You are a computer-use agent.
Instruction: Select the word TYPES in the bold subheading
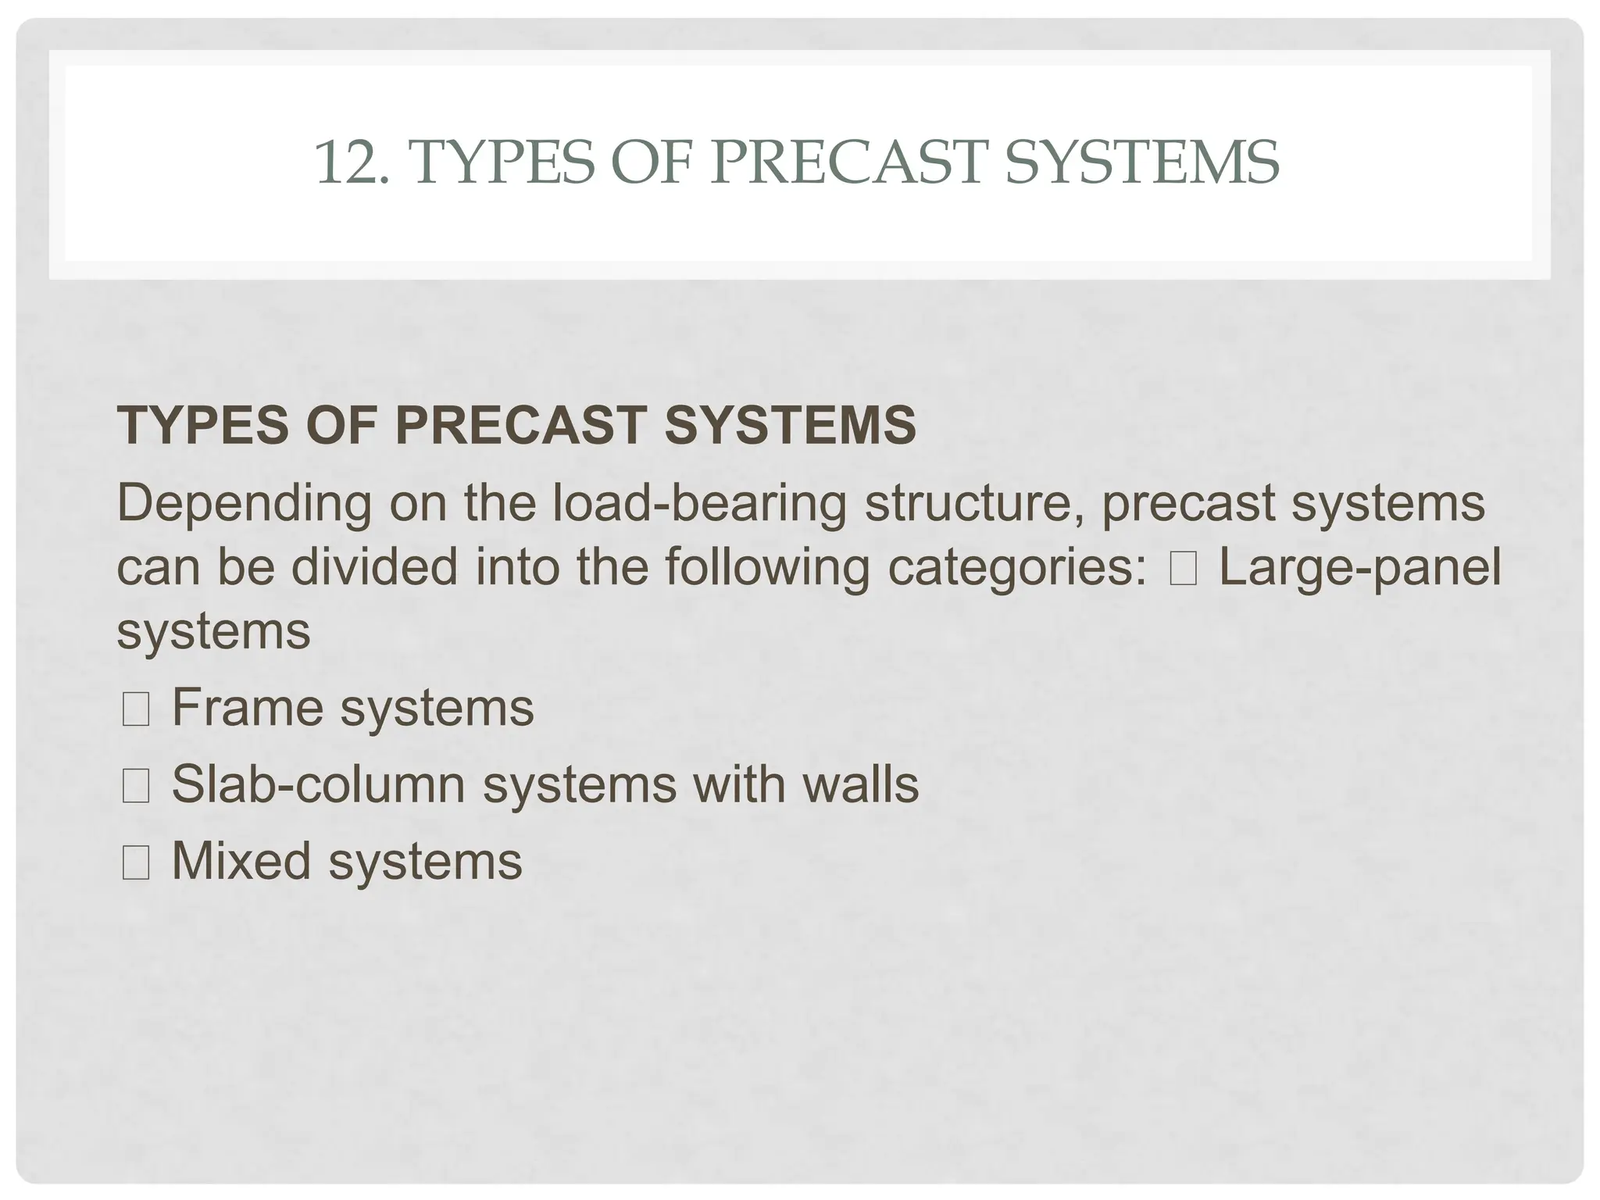(202, 426)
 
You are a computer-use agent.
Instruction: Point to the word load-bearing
(700, 504)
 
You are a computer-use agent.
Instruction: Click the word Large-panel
(1359, 567)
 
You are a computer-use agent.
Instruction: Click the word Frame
(248, 708)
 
